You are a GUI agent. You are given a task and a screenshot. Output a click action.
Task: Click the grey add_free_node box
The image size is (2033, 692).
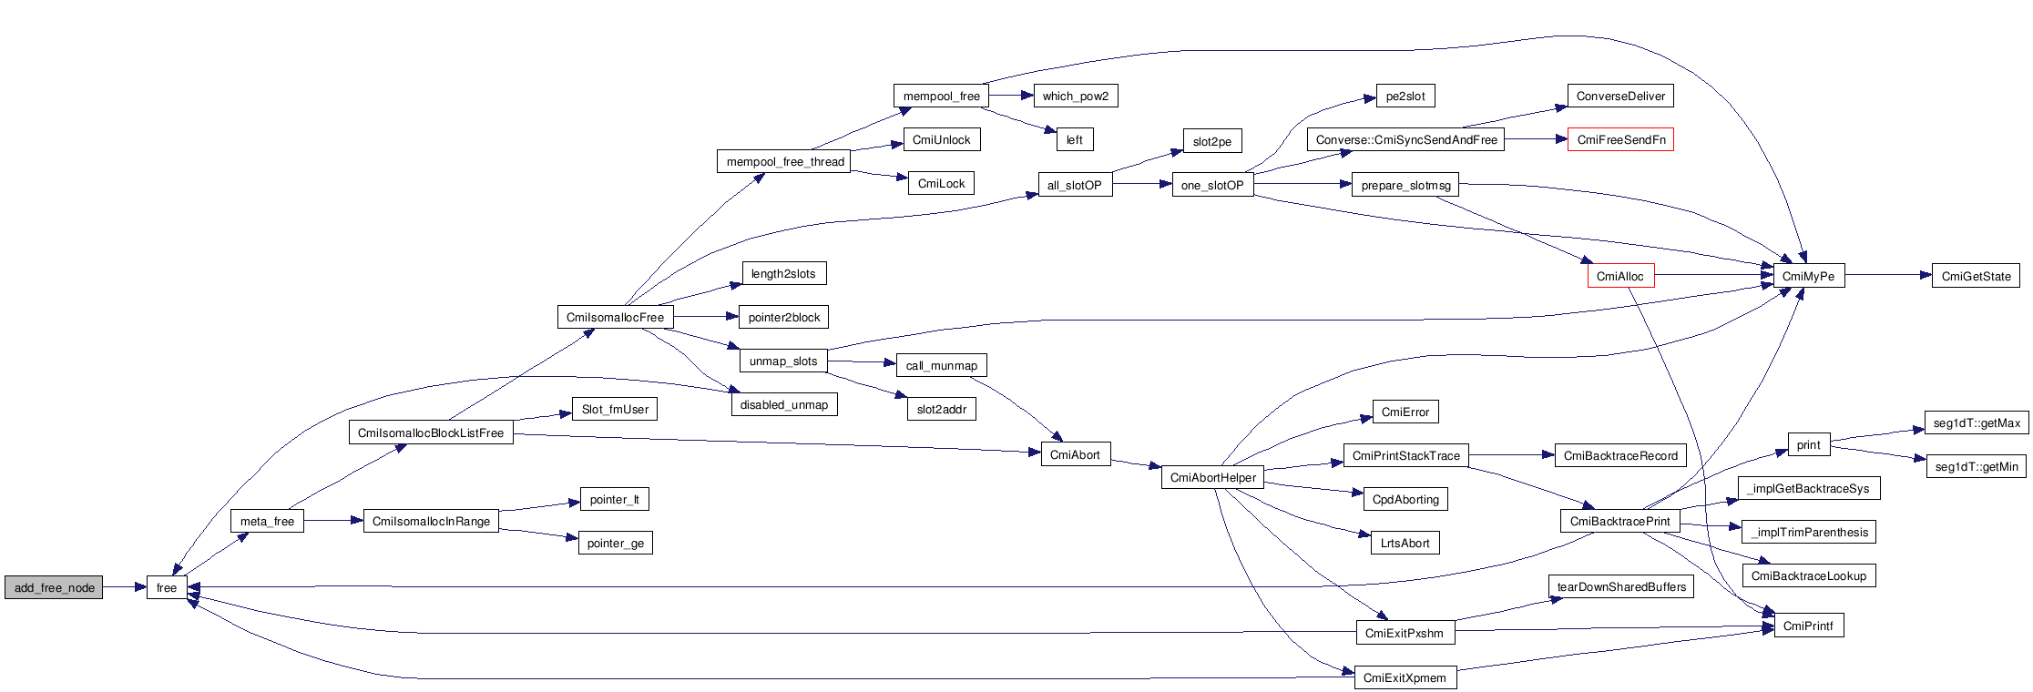(54, 587)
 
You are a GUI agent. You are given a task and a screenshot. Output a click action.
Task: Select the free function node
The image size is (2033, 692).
(167, 587)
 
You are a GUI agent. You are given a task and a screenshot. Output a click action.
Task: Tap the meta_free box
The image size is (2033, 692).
(267, 521)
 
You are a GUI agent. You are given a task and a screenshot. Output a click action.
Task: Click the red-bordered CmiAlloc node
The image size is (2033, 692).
(1620, 276)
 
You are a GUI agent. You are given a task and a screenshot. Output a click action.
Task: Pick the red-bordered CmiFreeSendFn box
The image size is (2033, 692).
(1620, 139)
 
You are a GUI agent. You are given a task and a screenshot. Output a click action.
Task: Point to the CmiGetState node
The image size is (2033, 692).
(1976, 276)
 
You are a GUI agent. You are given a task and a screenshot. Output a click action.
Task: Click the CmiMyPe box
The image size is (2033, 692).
(1808, 276)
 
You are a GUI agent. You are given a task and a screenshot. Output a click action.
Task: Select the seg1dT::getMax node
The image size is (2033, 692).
(1976, 422)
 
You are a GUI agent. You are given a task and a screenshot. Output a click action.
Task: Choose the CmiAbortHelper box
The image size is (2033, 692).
(1212, 477)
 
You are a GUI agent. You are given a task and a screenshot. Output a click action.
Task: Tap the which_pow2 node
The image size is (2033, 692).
(1075, 96)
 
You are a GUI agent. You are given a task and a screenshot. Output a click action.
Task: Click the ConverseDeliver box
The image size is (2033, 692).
(1620, 96)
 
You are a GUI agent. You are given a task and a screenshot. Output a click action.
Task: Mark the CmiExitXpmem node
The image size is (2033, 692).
(1405, 677)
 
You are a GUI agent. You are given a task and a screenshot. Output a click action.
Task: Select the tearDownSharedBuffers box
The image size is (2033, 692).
(1620, 586)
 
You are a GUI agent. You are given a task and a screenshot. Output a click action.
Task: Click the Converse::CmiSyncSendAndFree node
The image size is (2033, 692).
(1406, 139)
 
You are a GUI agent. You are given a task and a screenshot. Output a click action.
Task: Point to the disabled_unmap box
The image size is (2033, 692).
(783, 404)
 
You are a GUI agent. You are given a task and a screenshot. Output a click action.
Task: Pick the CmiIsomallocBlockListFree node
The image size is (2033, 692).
(430, 432)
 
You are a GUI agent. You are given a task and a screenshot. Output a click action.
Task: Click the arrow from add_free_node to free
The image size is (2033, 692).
(125, 587)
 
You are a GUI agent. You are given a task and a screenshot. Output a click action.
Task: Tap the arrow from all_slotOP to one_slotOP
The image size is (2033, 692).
(1142, 184)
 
